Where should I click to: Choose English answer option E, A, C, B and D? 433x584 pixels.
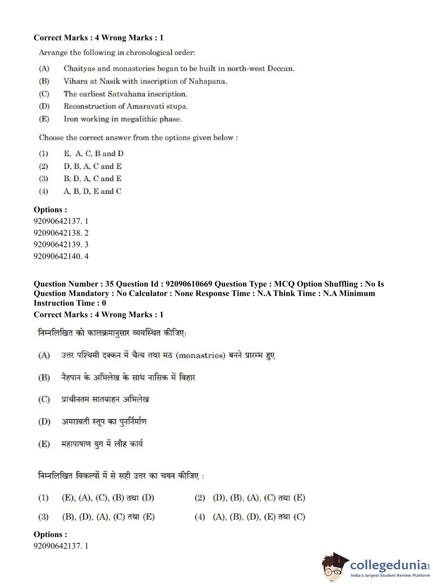tap(93, 153)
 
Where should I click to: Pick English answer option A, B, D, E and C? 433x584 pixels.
tap(92, 191)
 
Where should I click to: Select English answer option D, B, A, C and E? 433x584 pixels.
tap(92, 166)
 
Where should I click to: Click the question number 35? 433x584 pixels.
tap(109, 284)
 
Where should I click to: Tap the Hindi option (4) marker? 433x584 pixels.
tap(200, 517)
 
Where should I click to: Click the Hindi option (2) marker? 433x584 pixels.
tap(200, 497)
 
